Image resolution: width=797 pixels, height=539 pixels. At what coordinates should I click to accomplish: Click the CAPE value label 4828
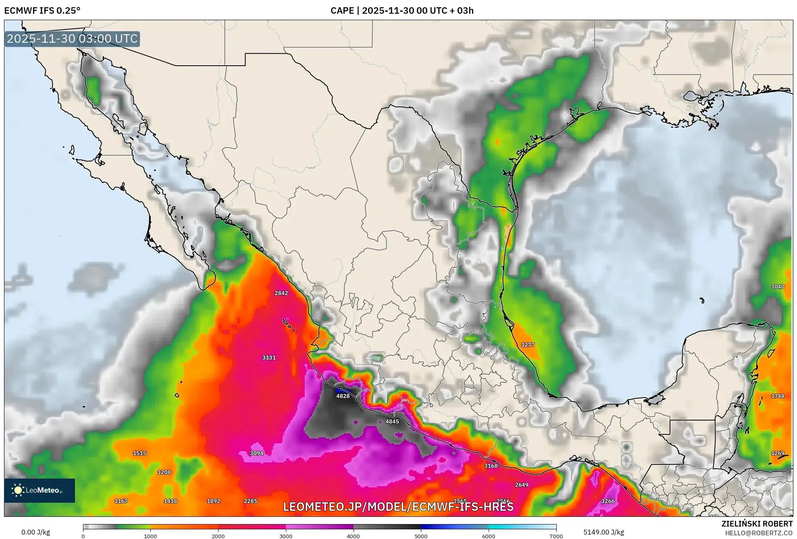[x=343, y=396]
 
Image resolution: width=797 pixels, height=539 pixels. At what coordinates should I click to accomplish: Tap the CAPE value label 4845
[x=392, y=421]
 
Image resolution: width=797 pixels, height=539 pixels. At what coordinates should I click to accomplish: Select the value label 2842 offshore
[x=281, y=293]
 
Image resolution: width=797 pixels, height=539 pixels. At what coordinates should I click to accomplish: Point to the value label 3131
[x=269, y=358]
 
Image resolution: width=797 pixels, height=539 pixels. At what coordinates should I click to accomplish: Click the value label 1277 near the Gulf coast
[x=528, y=345]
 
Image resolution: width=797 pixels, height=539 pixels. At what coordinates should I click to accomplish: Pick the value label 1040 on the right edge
[x=778, y=287]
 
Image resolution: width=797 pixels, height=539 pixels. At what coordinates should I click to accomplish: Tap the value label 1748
[x=778, y=396]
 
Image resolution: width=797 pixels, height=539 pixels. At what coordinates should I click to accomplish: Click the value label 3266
[x=608, y=501]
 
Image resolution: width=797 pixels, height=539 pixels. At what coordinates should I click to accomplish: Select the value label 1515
[x=139, y=453]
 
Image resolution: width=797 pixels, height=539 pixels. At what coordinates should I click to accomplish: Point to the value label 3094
[x=257, y=453]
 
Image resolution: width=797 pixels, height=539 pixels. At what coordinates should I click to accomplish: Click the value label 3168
[x=491, y=466]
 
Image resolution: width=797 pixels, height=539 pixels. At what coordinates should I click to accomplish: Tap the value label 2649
[x=522, y=485]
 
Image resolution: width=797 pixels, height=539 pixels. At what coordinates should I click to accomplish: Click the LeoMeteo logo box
[x=40, y=490]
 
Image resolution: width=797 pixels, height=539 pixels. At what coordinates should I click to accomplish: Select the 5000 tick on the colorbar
[x=421, y=536]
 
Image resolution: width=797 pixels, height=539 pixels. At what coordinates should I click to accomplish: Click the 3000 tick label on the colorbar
[x=286, y=536]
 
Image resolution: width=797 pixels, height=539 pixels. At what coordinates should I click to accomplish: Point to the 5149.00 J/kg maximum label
[x=603, y=532]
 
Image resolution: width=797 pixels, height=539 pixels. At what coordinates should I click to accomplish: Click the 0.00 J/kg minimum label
[x=35, y=532]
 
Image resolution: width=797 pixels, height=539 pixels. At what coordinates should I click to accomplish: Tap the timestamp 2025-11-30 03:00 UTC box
[x=72, y=39]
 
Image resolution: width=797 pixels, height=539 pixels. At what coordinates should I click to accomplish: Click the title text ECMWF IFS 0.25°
[x=42, y=10]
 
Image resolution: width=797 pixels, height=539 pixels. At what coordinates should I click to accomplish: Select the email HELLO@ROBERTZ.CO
[x=759, y=533]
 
